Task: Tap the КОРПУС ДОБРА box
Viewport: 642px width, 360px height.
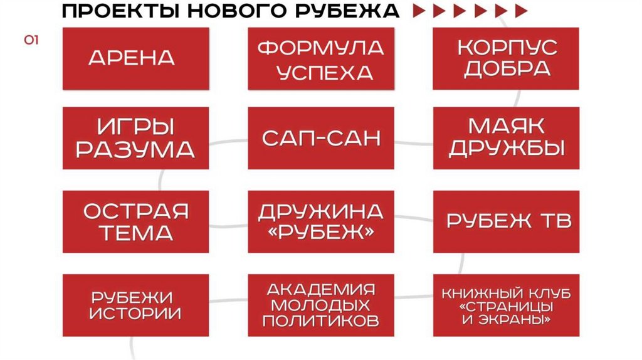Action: click(507, 58)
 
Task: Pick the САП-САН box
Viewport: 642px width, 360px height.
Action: click(321, 137)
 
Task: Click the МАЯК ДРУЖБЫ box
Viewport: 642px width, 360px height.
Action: click(507, 137)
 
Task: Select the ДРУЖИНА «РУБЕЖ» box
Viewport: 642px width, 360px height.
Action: click(321, 221)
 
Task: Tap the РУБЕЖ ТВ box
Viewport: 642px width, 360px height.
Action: click(507, 221)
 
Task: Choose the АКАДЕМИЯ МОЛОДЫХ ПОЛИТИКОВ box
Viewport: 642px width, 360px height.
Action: click(321, 305)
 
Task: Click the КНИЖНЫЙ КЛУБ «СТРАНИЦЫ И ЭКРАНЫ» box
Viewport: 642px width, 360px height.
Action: click(507, 305)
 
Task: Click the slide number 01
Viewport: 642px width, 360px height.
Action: click(31, 41)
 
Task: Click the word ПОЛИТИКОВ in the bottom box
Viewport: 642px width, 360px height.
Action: click(321, 322)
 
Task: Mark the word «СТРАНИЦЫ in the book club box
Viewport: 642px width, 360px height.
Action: click(507, 307)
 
